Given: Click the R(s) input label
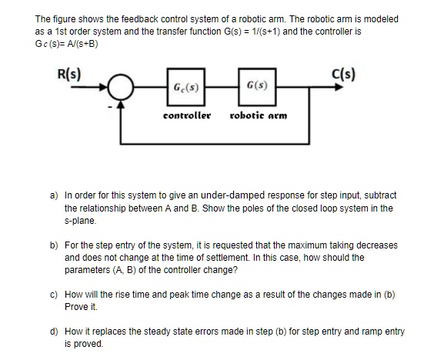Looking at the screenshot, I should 70,75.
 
